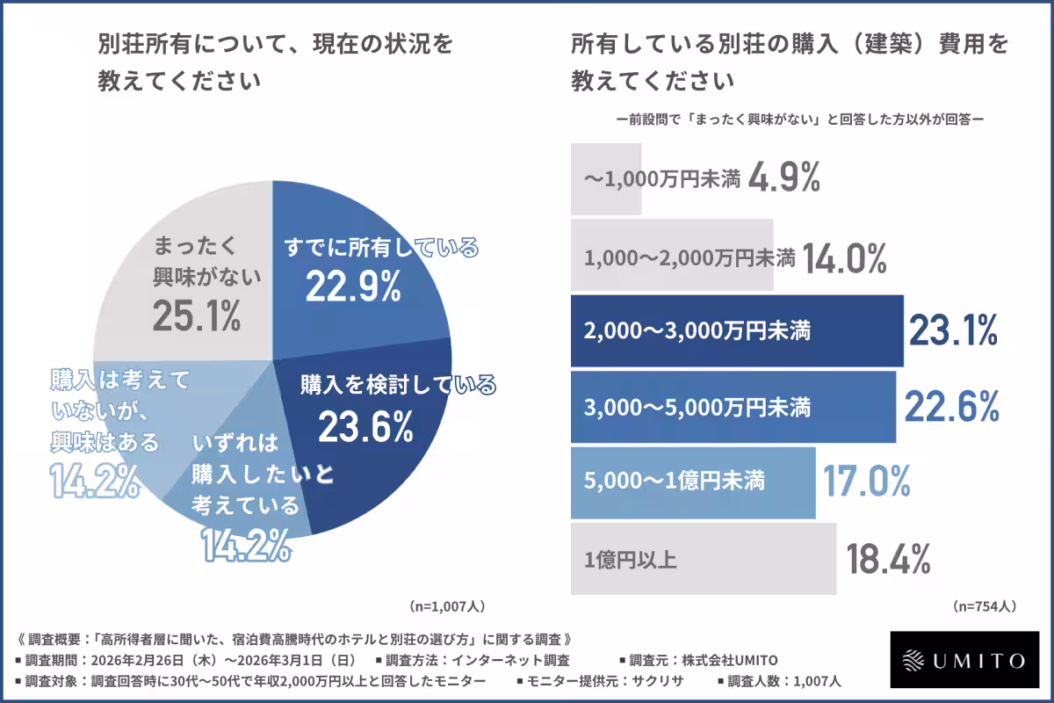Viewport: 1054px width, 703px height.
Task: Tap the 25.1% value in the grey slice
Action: (196, 315)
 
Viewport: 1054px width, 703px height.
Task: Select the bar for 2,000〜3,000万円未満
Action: (737, 331)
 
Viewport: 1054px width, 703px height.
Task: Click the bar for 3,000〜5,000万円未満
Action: (733, 407)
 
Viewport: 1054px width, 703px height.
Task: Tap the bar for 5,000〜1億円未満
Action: (693, 482)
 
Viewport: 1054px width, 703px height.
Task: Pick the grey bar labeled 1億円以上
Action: (704, 558)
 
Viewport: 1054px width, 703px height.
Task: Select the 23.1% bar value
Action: (953, 331)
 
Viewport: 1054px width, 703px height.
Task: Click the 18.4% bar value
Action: (888, 558)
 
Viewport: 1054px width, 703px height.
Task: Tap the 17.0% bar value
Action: (866, 482)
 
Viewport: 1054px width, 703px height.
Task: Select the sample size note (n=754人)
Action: (985, 605)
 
